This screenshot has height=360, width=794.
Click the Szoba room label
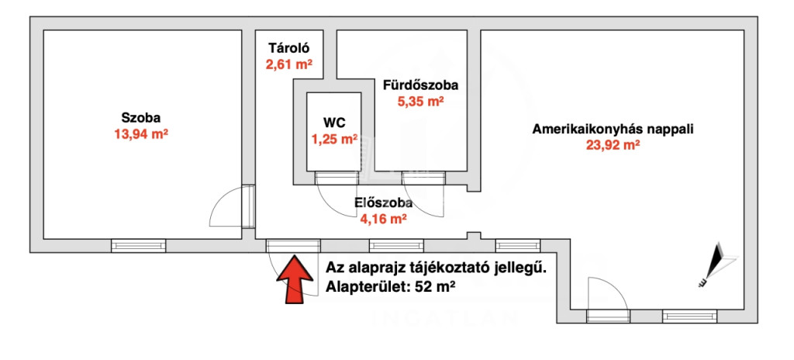141,118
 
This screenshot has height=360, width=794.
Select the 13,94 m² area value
141,134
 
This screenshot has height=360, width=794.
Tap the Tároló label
288,49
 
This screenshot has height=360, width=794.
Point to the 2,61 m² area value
288,64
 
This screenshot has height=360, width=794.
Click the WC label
334,122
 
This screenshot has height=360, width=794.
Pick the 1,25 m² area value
334,138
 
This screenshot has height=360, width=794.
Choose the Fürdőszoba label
420,85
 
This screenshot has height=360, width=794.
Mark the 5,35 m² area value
420,102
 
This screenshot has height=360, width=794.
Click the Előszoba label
383,203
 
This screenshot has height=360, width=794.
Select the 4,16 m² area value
383,220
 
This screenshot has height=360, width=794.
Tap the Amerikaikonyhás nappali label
613,129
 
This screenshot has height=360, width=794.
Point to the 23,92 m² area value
613,146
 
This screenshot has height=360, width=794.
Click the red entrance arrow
294,279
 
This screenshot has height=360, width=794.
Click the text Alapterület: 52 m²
389,286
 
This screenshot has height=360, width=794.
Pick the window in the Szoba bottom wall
138,246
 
